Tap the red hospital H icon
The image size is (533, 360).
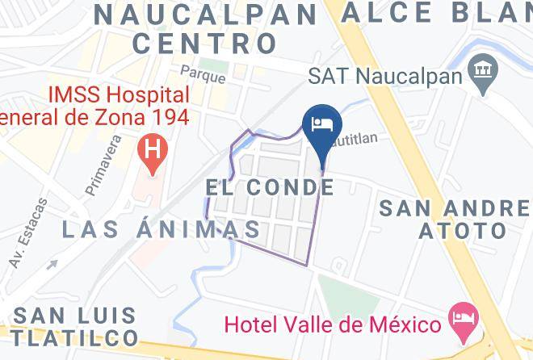click(x=150, y=149)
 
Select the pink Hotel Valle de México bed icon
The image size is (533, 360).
click(x=463, y=315)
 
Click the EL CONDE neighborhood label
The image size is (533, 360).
click(x=269, y=187)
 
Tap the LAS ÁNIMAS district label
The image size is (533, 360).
click(x=162, y=229)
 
